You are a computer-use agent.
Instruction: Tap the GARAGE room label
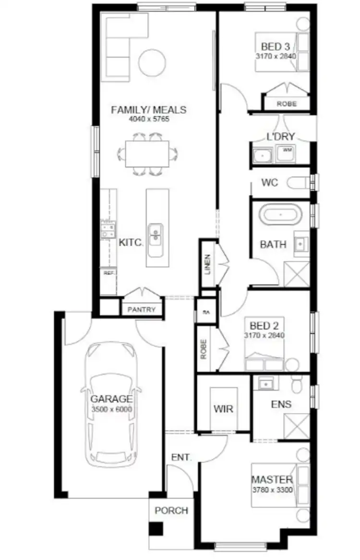tap(111, 399)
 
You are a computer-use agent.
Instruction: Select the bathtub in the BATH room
tap(280, 214)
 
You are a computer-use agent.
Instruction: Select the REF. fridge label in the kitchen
tap(108, 273)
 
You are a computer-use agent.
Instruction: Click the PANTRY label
tap(142, 310)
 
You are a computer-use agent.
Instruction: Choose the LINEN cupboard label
tap(207, 264)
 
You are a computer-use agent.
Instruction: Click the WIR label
tap(224, 409)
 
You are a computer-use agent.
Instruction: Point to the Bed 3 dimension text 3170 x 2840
tap(276, 56)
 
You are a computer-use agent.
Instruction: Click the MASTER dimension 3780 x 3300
tap(272, 488)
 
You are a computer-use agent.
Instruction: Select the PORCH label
tap(171, 511)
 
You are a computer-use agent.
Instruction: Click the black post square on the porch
tap(156, 529)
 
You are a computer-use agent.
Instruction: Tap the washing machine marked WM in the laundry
tap(288, 151)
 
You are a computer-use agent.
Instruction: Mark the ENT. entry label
tap(181, 457)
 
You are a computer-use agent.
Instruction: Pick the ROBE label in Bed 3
tap(287, 103)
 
